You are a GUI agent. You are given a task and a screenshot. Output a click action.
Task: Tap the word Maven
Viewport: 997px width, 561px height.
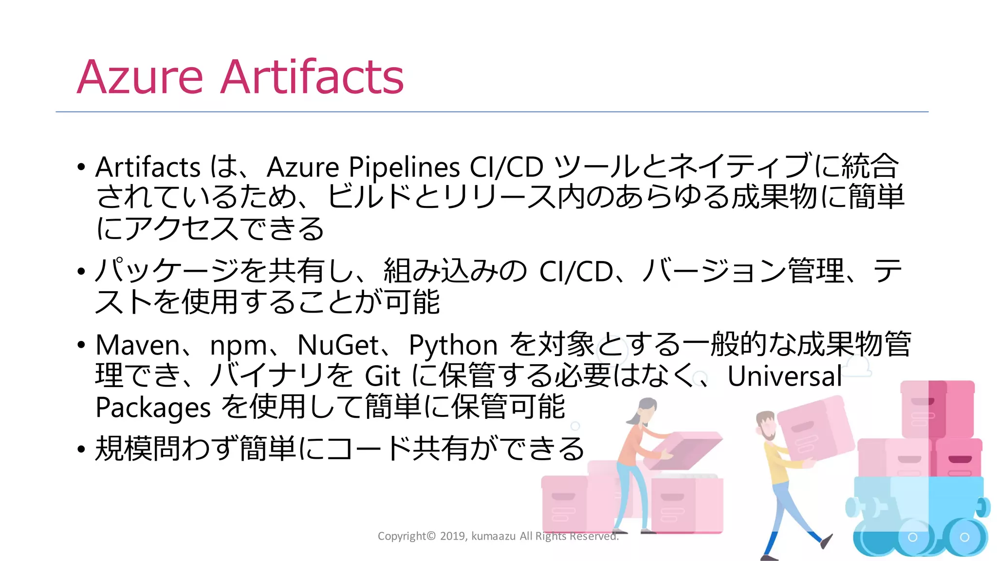(138, 345)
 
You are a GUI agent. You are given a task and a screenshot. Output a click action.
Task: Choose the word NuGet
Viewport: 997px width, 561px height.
(338, 345)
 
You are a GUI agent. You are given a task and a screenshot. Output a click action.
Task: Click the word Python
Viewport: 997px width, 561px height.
(453, 346)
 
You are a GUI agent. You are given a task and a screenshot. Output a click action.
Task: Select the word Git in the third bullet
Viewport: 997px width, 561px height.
(383, 376)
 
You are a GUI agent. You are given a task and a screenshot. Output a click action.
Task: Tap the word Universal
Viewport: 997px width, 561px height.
(784, 376)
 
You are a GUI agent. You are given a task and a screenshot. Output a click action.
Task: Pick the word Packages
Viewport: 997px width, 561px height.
(153, 408)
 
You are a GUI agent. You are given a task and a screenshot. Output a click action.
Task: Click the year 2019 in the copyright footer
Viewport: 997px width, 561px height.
(453, 536)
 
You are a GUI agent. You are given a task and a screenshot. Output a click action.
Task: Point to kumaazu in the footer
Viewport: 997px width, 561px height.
(493, 536)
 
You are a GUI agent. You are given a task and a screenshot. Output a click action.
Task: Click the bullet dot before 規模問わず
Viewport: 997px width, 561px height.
(81, 449)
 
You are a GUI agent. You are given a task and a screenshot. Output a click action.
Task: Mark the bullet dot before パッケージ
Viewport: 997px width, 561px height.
(81, 271)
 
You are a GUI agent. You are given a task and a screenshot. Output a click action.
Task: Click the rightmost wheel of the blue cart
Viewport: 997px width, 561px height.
(964, 537)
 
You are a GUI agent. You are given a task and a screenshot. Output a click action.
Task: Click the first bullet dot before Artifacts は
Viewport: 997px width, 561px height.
(81, 167)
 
